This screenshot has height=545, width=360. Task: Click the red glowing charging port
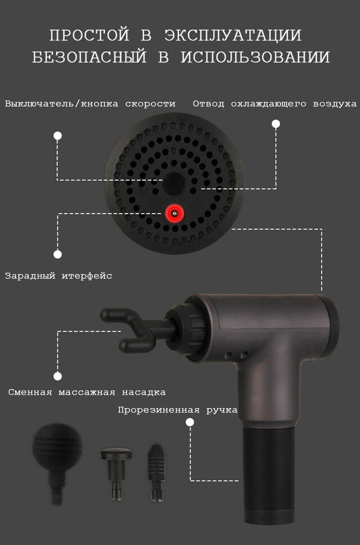175,214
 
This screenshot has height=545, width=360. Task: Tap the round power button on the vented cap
174,183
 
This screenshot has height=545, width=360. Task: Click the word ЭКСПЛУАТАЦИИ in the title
233,35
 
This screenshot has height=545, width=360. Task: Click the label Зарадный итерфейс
59,276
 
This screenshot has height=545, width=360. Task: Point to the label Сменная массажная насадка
87,392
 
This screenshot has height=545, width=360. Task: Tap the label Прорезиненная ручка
178,410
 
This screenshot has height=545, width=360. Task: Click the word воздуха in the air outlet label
335,104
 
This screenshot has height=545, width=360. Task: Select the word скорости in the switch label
150,104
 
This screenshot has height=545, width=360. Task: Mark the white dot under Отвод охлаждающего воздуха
276,124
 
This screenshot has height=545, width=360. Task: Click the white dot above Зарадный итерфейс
58,254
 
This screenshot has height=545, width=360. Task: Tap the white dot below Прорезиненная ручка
190,422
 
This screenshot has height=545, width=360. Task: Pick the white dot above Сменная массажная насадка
58,376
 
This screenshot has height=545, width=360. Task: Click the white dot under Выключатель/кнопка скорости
58,136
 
